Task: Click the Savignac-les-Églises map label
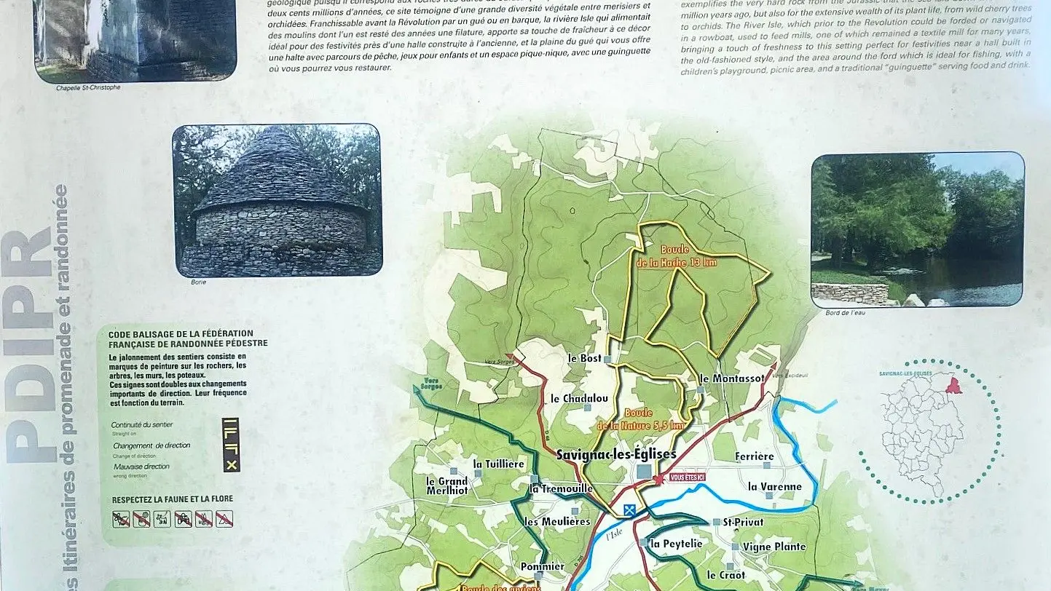(x=615, y=454)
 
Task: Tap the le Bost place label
(x=585, y=358)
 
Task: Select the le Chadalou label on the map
(x=579, y=398)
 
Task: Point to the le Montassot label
(x=731, y=378)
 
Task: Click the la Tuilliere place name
(x=498, y=464)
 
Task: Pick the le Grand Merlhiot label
(x=447, y=485)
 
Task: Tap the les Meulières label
(x=557, y=521)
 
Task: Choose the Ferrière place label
(x=754, y=456)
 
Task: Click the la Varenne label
(x=774, y=486)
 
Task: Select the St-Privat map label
(x=743, y=522)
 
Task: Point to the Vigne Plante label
(x=774, y=547)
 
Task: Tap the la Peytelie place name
(x=677, y=543)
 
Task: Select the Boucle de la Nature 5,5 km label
(x=641, y=419)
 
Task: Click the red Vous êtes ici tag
(x=687, y=477)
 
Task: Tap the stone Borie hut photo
(x=277, y=199)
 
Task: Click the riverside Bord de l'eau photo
(x=917, y=229)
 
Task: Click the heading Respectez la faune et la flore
(x=173, y=499)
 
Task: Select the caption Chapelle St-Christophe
(x=88, y=87)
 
